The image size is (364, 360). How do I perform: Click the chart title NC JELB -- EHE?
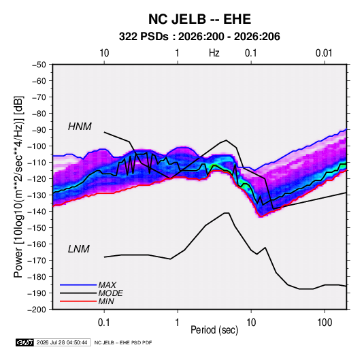coord(199,19)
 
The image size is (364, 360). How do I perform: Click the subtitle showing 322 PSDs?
coord(199,37)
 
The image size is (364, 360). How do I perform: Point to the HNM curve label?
coord(80,127)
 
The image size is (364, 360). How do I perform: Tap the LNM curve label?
coord(79,249)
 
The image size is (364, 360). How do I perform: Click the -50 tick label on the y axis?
coord(39,65)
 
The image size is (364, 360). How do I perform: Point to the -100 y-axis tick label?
coord(37,146)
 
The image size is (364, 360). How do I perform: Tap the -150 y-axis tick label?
coord(37,228)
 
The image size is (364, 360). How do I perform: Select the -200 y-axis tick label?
coord(37,310)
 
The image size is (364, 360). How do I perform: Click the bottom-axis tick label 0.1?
coord(104,323)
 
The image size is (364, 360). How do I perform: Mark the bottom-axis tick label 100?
coord(325,323)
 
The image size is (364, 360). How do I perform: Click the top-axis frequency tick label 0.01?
coord(324,53)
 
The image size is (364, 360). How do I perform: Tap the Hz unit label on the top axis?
coord(214,53)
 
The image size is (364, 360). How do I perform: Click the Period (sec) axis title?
coord(214,330)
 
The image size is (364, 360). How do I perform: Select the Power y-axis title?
coord(18,186)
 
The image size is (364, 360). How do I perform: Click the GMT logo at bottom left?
coord(25,342)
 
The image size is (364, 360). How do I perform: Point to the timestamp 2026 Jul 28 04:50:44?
coord(62,342)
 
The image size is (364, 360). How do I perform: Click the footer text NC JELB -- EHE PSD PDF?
coord(123,342)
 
